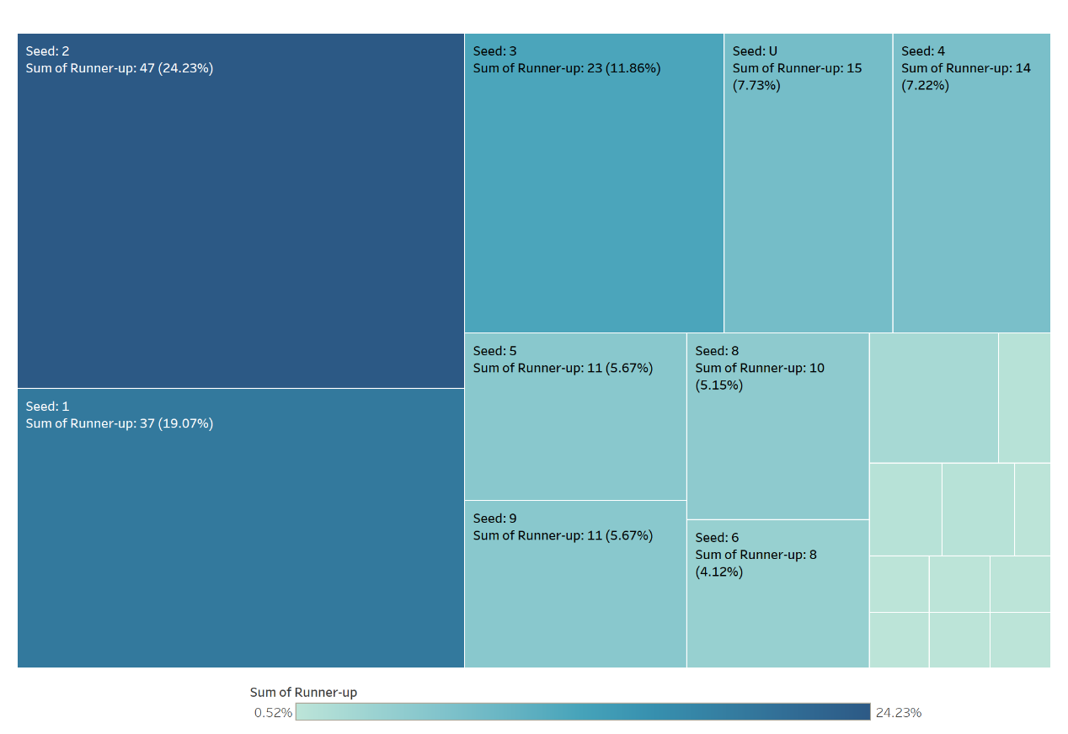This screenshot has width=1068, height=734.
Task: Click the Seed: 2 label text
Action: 48,51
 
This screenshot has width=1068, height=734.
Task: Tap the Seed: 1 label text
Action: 48,407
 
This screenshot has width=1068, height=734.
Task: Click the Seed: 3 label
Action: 495,51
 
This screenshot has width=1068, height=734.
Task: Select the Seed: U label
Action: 756,51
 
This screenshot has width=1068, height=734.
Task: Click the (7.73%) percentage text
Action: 756,85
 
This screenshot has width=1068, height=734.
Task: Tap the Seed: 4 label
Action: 923,51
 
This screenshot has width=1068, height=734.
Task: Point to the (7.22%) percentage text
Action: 925,85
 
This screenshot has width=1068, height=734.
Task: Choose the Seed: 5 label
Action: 495,351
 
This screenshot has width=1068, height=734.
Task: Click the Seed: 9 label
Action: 495,519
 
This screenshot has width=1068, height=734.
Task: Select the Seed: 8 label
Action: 718,351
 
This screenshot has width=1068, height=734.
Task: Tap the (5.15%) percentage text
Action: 718,386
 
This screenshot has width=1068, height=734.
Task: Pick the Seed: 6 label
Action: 718,538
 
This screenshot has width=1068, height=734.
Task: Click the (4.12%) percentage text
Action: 718,572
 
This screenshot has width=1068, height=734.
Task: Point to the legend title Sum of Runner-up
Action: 303,693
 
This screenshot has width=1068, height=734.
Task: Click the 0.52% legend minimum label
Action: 273,713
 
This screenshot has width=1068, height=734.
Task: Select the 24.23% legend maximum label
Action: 898,713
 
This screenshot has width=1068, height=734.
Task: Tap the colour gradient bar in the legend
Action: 583,712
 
